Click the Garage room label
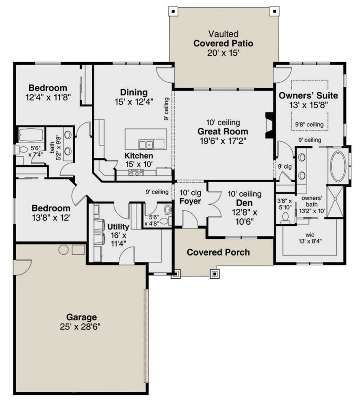pyautogui.click(x=81, y=317)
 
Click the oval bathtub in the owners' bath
pyautogui.click(x=338, y=166)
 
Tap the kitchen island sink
pyautogui.click(x=145, y=144)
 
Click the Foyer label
pyautogui.click(x=190, y=201)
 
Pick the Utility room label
pyautogui.click(x=118, y=226)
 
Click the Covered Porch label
pyautogui.click(x=218, y=252)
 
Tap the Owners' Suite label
pyautogui.click(x=308, y=95)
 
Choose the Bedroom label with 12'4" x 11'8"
pyautogui.click(x=48, y=88)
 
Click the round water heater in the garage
pyautogui.click(x=63, y=250)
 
